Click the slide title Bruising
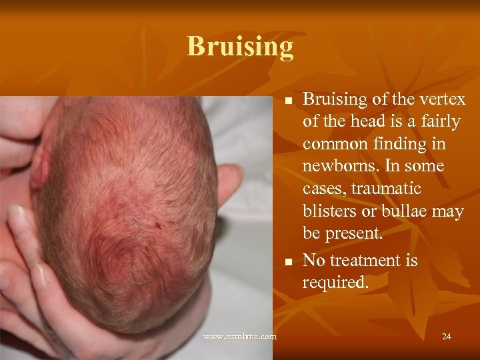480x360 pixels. (240, 46)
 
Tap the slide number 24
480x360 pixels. (446, 336)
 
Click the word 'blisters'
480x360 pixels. (328, 212)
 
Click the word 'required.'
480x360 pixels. (335, 282)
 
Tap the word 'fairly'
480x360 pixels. (443, 122)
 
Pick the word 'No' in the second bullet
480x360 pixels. (314, 259)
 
